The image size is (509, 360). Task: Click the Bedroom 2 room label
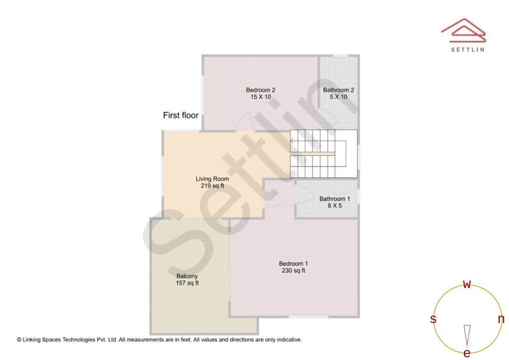[260, 90]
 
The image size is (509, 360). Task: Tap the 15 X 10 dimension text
[260, 97]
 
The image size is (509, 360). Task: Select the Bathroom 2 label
[338, 90]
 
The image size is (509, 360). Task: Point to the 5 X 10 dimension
[338, 97]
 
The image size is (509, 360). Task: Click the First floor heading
[181, 115]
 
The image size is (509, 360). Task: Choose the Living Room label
[212, 179]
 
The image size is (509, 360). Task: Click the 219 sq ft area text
[212, 186]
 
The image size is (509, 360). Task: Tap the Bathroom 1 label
[334, 199]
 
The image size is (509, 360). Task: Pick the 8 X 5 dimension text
[334, 206]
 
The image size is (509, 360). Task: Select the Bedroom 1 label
[293, 263]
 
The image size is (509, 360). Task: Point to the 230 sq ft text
[293, 270]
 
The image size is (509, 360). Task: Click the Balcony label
[187, 276]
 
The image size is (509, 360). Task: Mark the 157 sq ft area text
[187, 283]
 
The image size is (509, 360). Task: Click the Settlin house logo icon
[463, 30]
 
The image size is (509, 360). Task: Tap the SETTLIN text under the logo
[467, 49]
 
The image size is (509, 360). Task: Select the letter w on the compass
[467, 284]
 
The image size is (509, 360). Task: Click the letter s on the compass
[433, 319]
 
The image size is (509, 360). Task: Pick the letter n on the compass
[501, 319]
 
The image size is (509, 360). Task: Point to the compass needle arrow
[467, 335]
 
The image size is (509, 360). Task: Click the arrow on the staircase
[293, 140]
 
